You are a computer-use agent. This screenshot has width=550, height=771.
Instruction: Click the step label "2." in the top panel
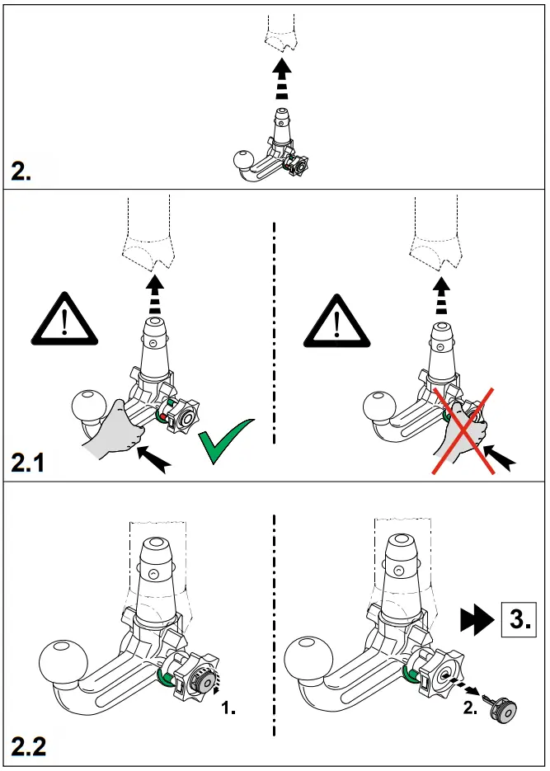(22, 172)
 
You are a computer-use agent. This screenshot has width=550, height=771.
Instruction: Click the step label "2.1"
(30, 463)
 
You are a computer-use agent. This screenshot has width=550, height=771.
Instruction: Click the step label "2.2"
(30, 749)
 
